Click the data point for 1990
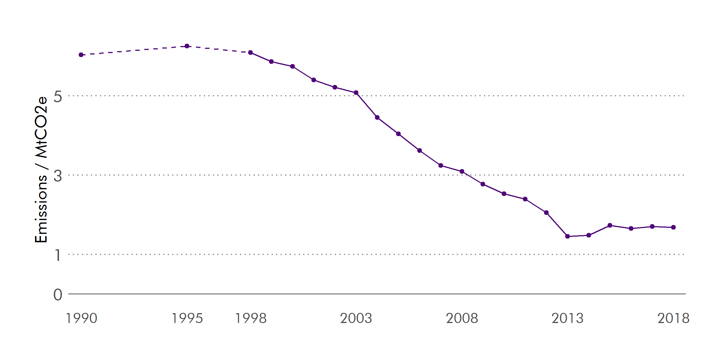(81, 55)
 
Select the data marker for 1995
(187, 46)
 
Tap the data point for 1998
(250, 53)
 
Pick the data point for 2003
(356, 93)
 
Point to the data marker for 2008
(462, 171)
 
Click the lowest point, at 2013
(568, 236)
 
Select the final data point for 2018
(673, 227)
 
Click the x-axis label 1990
(81, 318)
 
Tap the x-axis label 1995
(187, 318)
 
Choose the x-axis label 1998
(251, 318)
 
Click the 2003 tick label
(356, 318)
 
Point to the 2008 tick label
(462, 318)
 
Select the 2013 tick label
(568, 318)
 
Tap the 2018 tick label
(673, 318)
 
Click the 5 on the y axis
(58, 97)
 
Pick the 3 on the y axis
(58, 176)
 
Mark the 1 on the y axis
(58, 255)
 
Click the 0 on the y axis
(58, 295)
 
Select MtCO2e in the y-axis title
(41, 127)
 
